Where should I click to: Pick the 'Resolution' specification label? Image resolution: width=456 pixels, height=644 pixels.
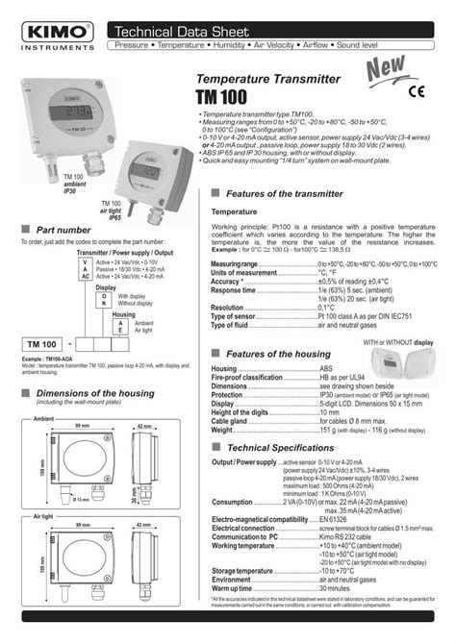228,307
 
